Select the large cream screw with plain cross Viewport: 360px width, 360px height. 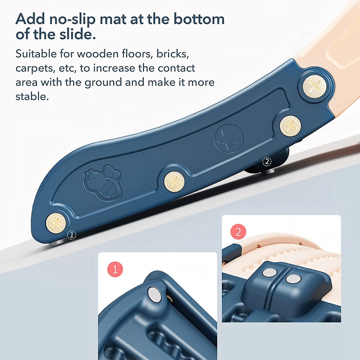(x=314, y=87)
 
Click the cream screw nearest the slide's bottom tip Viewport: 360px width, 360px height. (x=56, y=223)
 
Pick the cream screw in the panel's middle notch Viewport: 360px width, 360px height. (x=174, y=182)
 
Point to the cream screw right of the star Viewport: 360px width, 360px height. (x=290, y=126)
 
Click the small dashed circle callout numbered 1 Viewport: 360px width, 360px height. (x=71, y=235)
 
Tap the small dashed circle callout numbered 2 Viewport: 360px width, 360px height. (x=267, y=162)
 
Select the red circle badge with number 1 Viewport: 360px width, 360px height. (x=115, y=269)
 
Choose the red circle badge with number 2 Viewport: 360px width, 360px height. (x=238, y=232)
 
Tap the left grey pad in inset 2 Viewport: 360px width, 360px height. (x=270, y=273)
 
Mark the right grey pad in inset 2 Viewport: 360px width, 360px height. (x=293, y=279)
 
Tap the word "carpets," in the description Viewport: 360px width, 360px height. (x=36, y=69)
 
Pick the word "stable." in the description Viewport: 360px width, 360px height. (x=32, y=96)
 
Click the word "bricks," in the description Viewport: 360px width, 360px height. (x=173, y=54)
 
